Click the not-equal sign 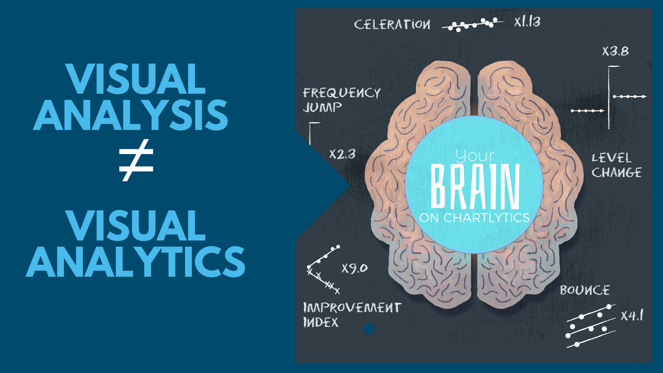click(136, 160)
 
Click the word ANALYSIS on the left click(131, 115)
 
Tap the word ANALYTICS click(135, 261)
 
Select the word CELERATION click(392, 25)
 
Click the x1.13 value click(527, 22)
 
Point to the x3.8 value click(615, 51)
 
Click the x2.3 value click(342, 154)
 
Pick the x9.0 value click(355, 268)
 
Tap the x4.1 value click(632, 315)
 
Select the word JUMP click(322, 107)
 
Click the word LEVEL click(612, 158)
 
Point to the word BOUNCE click(585, 290)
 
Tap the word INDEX click(321, 322)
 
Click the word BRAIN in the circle click(475, 186)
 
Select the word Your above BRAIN click(475, 156)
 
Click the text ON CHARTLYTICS click(474, 218)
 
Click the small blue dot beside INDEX click(369, 329)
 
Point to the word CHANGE click(617, 172)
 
